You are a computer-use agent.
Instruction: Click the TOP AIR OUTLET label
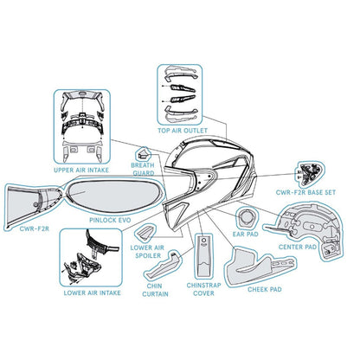[183, 131]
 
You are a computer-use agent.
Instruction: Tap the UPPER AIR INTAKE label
[81, 170]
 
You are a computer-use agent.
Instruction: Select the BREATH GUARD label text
[143, 170]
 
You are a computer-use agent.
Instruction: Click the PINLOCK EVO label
[110, 220]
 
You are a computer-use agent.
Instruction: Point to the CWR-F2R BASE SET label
[305, 192]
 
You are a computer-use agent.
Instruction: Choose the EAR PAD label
[245, 235]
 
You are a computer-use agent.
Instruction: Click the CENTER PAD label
[298, 247]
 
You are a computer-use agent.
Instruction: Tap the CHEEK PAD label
[265, 289]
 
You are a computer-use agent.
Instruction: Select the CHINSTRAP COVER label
[203, 289]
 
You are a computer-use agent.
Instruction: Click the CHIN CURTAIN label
[155, 290]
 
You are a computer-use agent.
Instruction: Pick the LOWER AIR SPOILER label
[147, 252]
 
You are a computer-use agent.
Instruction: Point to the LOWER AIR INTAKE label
[93, 293]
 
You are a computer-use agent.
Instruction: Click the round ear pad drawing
[246, 218]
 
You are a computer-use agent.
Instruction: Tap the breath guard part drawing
[143, 153]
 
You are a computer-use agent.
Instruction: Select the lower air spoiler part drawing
[145, 233]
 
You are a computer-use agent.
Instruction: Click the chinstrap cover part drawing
[204, 257]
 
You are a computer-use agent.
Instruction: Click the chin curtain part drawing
[163, 266]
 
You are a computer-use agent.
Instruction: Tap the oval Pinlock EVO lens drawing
[114, 196]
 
